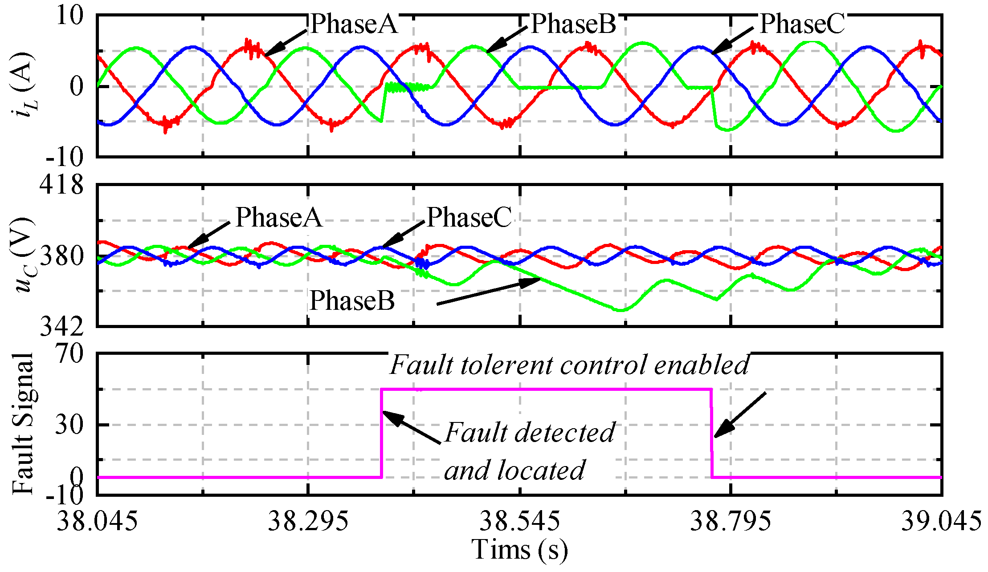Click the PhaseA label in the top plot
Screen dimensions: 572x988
point(354,24)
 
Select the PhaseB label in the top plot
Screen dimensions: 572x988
point(573,24)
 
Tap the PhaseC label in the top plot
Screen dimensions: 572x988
point(802,24)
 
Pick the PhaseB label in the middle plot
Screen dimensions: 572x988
point(352,301)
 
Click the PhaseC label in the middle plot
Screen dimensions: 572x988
point(470,218)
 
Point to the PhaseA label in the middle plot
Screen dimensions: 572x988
point(279,218)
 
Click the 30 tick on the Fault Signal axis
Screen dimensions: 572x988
point(69,425)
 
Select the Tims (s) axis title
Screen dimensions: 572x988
point(519,549)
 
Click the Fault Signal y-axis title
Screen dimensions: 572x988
point(23,424)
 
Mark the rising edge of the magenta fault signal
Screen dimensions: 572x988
point(382,434)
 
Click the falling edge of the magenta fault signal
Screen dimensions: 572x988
point(711,434)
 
